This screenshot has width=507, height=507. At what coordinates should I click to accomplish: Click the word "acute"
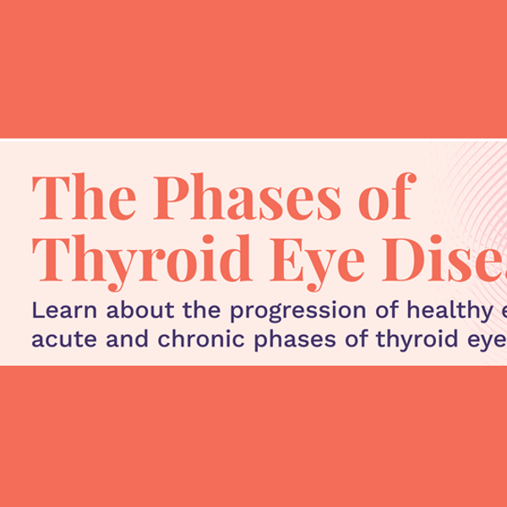[57, 339]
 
